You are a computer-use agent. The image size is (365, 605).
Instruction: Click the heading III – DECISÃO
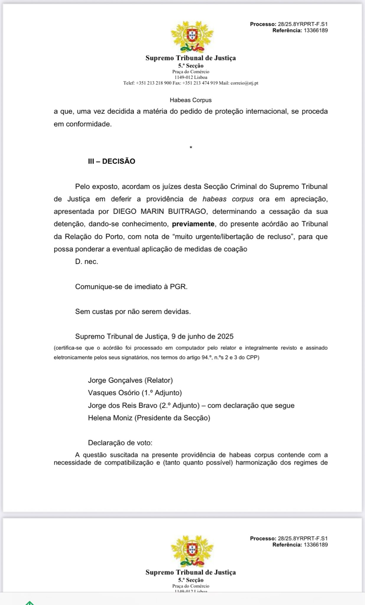[111, 161]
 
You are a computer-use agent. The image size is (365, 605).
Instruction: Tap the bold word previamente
[193, 224]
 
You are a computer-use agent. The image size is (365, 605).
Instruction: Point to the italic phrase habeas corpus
[228, 199]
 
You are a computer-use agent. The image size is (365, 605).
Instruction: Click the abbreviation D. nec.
[87, 261]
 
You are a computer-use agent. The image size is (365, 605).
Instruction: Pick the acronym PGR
[178, 287]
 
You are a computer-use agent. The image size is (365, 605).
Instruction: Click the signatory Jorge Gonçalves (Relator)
[130, 380]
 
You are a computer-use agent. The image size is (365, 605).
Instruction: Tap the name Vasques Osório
[113, 393]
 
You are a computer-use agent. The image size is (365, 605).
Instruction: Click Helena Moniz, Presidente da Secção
[149, 418]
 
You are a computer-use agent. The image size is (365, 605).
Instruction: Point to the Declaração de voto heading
[120, 443]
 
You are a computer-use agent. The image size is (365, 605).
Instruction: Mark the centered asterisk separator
[191, 148]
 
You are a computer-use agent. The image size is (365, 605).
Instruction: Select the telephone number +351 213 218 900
[153, 83]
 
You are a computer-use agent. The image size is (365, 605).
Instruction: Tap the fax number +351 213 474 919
[200, 83]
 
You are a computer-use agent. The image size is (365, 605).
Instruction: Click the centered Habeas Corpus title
[191, 100]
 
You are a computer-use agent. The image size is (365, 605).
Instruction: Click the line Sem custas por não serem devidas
[133, 311]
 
